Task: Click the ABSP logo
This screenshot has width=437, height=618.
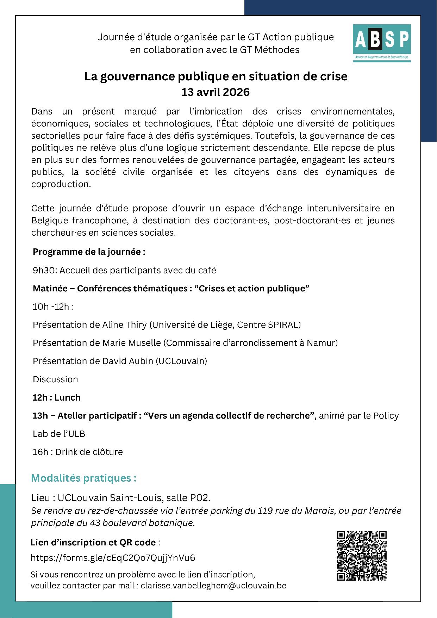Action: [382, 43]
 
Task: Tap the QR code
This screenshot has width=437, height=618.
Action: [362, 556]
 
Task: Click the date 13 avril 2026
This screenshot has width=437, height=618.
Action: [216, 92]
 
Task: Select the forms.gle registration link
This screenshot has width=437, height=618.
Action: [113, 557]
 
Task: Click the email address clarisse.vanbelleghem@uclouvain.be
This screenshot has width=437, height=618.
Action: [213, 586]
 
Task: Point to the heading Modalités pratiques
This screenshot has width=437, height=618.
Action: [84, 478]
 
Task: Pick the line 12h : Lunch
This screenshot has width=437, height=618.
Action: [57, 397]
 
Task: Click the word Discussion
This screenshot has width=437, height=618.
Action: [55, 379]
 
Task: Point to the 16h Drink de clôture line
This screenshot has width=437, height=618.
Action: [77, 452]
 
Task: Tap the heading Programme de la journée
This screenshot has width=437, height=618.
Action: [89, 252]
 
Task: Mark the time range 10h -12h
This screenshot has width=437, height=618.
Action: [53, 307]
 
